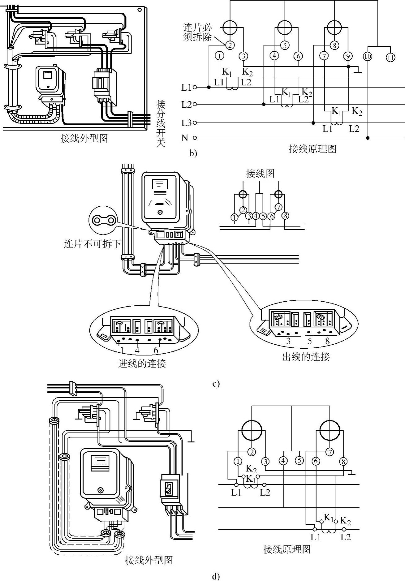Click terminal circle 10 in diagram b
point(368,57)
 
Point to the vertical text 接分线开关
point(161,123)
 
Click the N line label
point(185,138)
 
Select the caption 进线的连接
point(142,363)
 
